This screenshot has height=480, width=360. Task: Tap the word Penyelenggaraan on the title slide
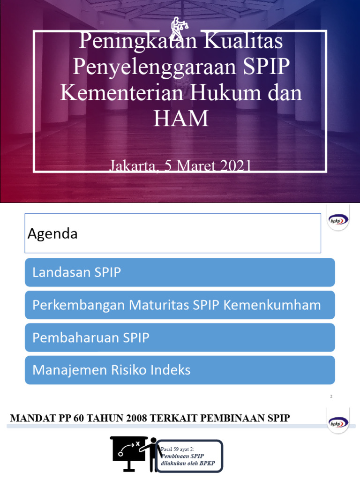point(150,67)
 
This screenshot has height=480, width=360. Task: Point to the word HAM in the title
point(180,118)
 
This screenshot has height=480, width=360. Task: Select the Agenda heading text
point(52,233)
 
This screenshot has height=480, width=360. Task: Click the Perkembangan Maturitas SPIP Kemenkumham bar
point(180,305)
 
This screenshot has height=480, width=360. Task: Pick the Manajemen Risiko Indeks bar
point(180,370)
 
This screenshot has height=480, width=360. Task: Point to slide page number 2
point(331,397)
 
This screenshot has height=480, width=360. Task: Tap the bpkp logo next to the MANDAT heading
point(338,422)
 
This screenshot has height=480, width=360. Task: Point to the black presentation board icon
point(129,452)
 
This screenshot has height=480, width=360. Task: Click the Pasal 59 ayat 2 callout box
point(189,456)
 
